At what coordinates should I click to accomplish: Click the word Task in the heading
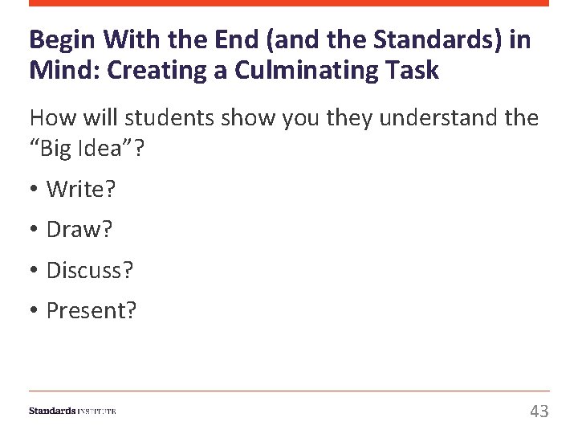[411, 71]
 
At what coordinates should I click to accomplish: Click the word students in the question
[172, 117]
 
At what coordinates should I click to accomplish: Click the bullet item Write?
[81, 190]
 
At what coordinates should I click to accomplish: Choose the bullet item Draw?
[79, 230]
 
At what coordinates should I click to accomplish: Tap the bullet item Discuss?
[90, 270]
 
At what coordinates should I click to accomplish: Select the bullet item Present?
[92, 310]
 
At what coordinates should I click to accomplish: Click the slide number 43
[539, 411]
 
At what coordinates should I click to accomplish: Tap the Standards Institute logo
[73, 411]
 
